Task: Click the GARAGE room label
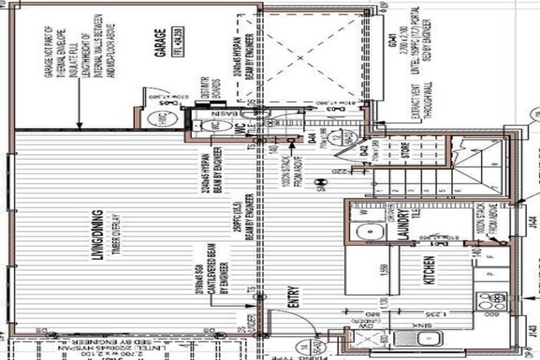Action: [162, 44]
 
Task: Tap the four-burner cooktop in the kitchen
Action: [488, 301]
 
